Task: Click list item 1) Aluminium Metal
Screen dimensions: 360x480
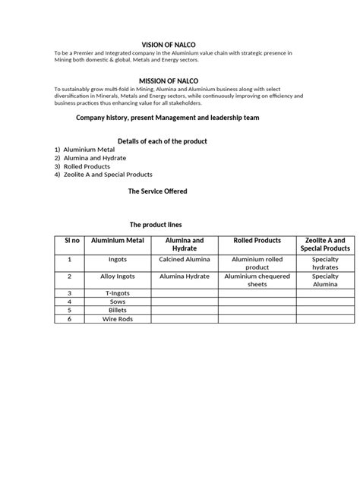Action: (84, 150)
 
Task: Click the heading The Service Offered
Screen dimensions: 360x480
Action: (158, 191)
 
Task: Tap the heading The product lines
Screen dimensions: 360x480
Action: (156, 225)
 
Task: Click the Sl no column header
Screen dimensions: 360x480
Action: (70, 241)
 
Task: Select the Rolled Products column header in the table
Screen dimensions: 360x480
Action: (257, 241)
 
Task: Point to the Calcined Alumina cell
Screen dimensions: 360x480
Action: (185, 259)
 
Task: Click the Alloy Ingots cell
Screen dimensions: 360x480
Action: (118, 276)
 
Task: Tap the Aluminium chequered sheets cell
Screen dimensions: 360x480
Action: (257, 280)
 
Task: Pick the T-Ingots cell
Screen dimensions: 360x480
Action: (118, 292)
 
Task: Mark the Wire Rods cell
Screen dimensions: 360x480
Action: (118, 319)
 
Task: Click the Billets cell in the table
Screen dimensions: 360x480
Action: (118, 310)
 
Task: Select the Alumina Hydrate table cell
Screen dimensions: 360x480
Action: (185, 276)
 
